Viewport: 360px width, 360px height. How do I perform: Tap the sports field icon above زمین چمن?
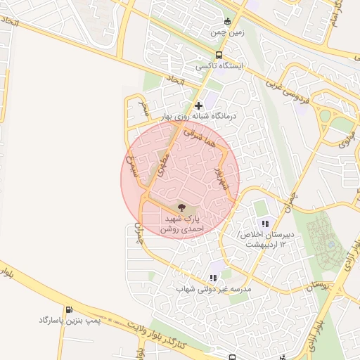pos(227,21)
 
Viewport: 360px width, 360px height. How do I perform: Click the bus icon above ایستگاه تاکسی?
pos(219,55)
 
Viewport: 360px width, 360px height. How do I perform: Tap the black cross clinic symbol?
pos(199,105)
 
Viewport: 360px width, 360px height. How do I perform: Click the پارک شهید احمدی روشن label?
pos(181,224)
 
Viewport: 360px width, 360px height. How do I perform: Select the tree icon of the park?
pos(182,207)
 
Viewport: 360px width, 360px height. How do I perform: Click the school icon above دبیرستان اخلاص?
pos(265,224)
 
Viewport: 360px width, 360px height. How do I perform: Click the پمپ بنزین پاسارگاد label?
pos(71,320)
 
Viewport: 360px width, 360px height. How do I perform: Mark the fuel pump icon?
pos(68,309)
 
